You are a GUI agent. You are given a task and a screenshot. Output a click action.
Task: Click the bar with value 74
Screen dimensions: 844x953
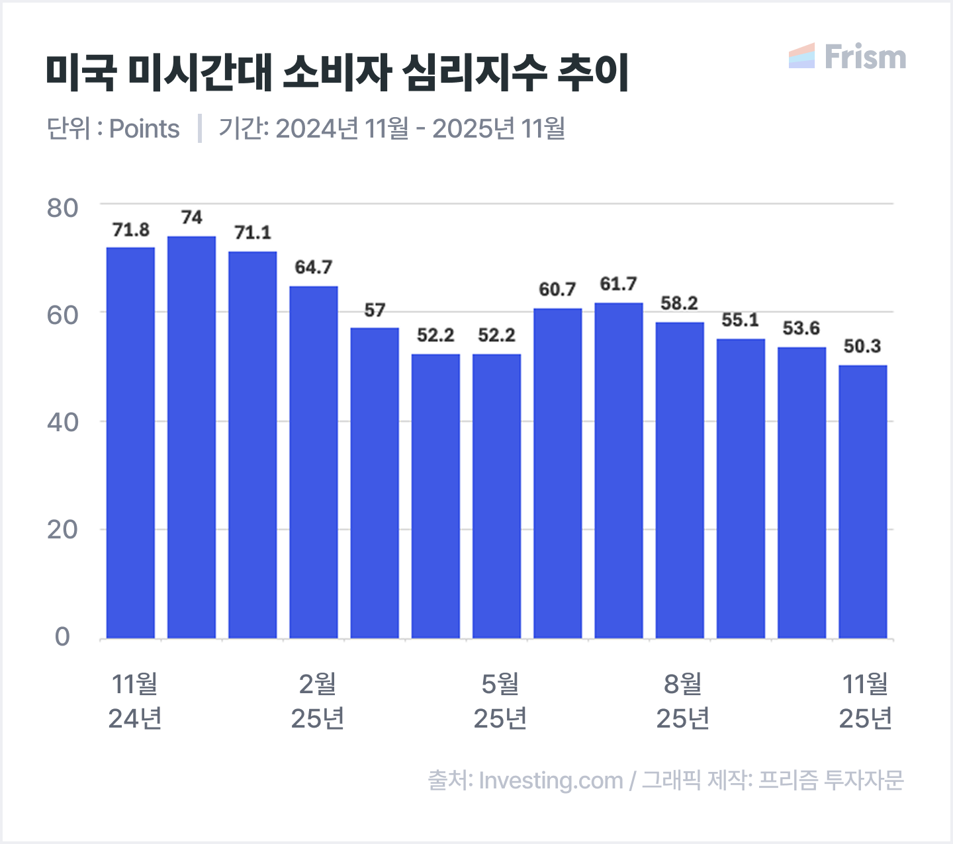click(x=191, y=437)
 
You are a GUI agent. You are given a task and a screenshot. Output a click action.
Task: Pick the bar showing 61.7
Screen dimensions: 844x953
click(x=619, y=470)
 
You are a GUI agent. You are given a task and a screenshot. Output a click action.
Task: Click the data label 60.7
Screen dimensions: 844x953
click(x=557, y=290)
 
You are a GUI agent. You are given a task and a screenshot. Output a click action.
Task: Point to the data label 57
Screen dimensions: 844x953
click(x=375, y=310)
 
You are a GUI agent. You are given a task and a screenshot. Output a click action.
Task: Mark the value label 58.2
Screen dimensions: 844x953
click(x=679, y=304)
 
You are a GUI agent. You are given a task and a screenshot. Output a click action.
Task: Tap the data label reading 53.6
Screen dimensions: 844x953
click(x=801, y=329)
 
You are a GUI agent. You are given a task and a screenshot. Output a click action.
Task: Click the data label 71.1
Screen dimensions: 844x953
click(x=253, y=233)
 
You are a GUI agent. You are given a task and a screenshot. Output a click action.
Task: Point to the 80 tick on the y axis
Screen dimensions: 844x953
click(x=62, y=208)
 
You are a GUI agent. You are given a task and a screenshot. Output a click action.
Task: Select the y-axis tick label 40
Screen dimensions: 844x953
click(x=62, y=422)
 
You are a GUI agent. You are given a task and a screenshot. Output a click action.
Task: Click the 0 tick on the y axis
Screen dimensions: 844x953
click(x=62, y=637)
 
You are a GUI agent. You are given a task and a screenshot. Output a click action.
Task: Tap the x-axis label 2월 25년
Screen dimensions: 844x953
click(x=318, y=701)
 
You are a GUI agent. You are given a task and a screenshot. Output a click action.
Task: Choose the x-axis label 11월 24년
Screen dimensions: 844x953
click(x=135, y=701)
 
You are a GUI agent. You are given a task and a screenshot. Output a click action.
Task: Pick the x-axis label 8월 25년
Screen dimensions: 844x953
click(x=682, y=701)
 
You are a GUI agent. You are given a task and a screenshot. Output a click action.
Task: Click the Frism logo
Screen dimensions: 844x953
click(x=848, y=57)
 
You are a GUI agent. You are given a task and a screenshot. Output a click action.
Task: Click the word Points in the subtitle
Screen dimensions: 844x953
click(x=144, y=129)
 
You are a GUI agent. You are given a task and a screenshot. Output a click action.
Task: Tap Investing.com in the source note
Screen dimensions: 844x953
click(x=551, y=781)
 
